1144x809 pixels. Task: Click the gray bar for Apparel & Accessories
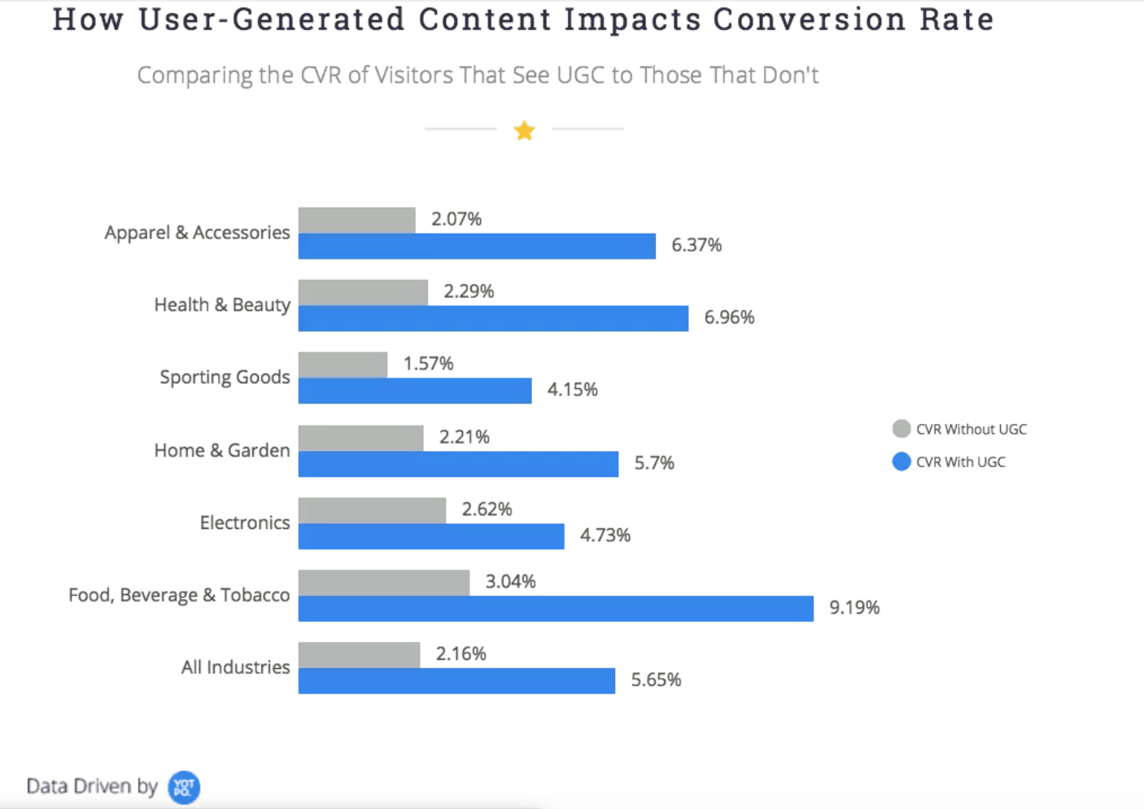point(356,220)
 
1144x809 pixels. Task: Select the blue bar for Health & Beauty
point(493,318)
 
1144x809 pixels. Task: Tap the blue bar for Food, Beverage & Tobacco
point(556,608)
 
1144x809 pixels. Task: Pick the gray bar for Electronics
point(372,510)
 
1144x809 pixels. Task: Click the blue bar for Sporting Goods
point(415,391)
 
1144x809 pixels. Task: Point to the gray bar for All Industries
point(359,655)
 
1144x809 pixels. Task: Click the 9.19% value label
point(854,608)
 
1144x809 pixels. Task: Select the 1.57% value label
point(428,364)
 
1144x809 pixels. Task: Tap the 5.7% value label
point(654,463)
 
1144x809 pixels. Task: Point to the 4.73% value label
point(605,536)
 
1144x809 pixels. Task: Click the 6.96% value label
point(729,317)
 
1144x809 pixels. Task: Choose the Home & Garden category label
point(222,450)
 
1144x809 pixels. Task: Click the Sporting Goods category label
point(225,377)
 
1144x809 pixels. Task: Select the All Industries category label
point(235,667)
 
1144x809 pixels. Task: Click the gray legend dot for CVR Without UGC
point(902,429)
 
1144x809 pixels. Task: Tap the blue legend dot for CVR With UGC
point(902,461)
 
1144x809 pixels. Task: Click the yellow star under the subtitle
point(525,130)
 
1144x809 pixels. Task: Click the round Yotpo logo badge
point(184,787)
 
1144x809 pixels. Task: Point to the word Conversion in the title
point(809,20)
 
